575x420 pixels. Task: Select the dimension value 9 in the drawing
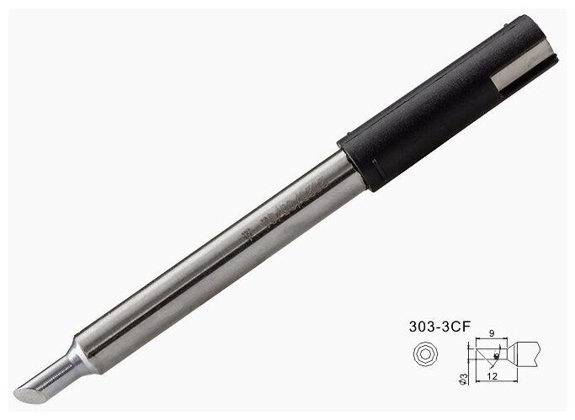click(491, 333)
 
